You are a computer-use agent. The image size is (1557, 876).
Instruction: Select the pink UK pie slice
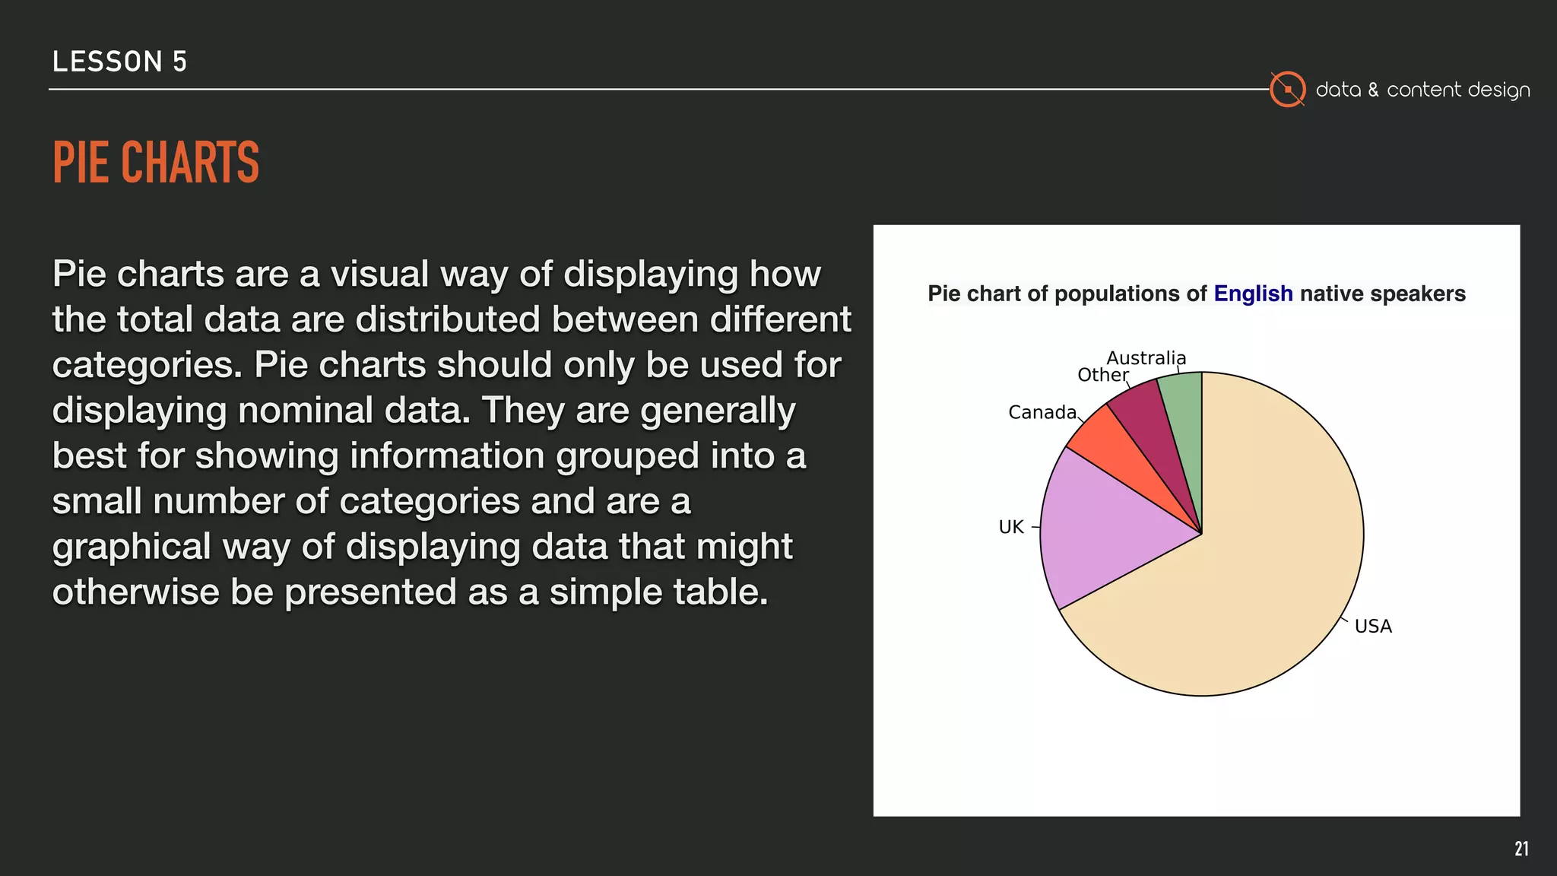(1102, 532)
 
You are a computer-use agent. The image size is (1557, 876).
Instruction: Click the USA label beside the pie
(1373, 627)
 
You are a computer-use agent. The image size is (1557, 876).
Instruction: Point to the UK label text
(1011, 527)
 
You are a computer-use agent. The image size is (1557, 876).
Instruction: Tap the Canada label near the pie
(1042, 412)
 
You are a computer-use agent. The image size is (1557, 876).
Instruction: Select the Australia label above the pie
(1146, 357)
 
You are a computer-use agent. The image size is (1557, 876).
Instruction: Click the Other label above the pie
(1102, 375)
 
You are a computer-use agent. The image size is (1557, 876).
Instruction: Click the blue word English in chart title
(1253, 294)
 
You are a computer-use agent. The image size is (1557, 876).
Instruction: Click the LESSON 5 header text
(119, 62)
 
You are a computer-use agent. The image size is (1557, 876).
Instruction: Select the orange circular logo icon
(1288, 89)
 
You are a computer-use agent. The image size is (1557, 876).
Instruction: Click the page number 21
(1521, 849)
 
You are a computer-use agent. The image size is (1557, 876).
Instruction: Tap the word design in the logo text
(1498, 90)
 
